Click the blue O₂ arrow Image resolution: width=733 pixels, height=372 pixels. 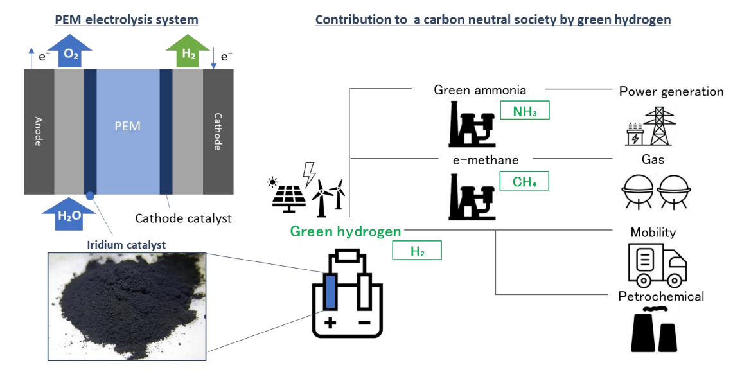pos(71,53)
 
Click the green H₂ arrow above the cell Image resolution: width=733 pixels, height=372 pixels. pos(188,53)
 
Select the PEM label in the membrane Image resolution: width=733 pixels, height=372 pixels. pos(127,127)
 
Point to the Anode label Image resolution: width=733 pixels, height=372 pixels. pos(38,130)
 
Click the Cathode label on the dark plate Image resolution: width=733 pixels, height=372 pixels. pos(218,132)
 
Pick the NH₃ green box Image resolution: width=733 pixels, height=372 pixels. pos(524,111)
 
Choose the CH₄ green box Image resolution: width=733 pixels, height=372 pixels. pos(524,181)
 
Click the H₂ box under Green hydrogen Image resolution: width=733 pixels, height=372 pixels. pos(417,251)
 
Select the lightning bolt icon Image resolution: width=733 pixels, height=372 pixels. pos(309,173)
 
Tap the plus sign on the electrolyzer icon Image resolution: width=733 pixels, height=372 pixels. pos(330,322)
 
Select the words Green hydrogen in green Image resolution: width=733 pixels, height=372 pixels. pos(346,231)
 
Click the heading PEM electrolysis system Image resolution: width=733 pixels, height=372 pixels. pos(127,20)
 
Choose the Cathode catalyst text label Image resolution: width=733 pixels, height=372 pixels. pos(183,218)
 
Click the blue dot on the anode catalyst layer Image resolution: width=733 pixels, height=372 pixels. pos(90,195)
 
